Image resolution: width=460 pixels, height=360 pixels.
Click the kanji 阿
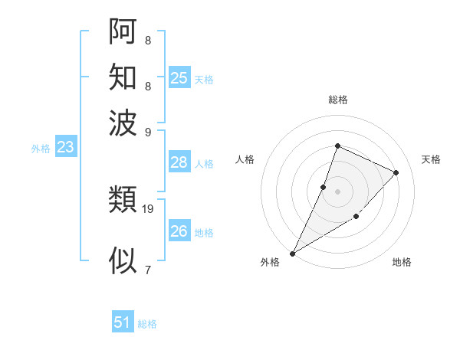[x=123, y=31]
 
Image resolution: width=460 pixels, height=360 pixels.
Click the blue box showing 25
[x=179, y=77]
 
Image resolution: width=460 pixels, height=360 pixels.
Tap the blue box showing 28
[x=179, y=162]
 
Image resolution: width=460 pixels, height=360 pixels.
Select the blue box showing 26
[x=179, y=231]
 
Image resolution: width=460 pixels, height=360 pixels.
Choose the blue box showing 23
[x=65, y=147]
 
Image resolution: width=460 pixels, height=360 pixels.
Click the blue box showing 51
[x=123, y=322]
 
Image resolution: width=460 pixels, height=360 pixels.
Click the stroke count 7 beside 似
[x=147, y=269]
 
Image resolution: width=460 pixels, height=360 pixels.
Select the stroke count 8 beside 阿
[x=147, y=40]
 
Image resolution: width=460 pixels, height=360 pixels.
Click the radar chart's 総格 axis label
[x=337, y=100]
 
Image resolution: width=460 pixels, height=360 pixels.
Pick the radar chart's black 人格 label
[x=245, y=159]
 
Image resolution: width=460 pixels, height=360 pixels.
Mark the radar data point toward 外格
[x=292, y=253]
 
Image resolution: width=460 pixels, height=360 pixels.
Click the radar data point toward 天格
[x=396, y=173]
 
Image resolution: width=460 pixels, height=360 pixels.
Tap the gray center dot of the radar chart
[x=337, y=191]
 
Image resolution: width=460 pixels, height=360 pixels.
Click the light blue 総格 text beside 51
[x=147, y=324]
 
